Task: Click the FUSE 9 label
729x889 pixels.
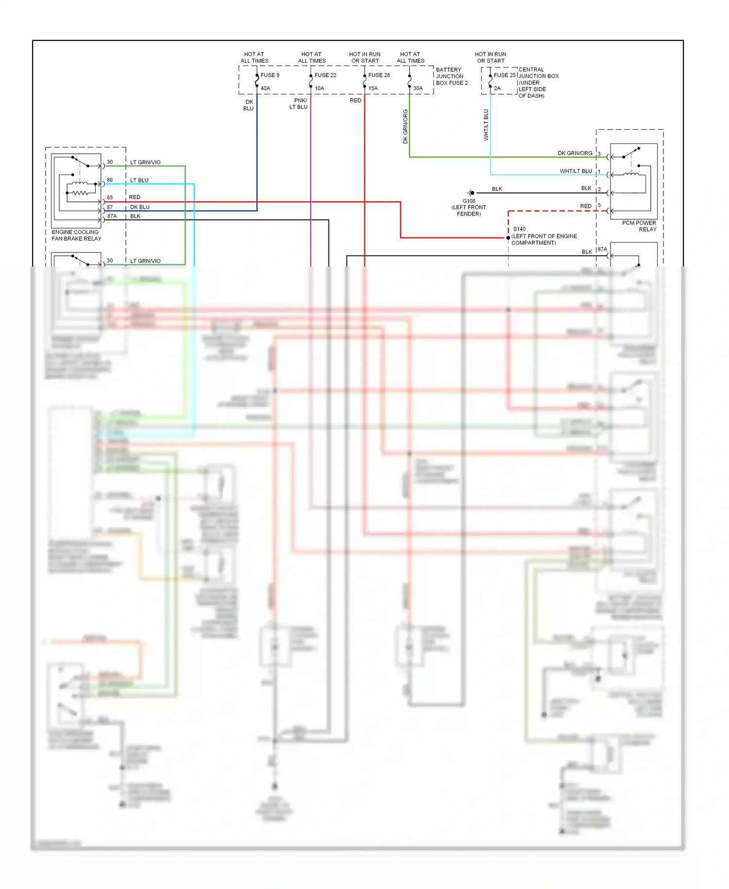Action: pyautogui.click(x=270, y=75)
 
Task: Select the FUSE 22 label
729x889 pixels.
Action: pyautogui.click(x=325, y=75)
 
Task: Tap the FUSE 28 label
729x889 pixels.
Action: pyautogui.click(x=379, y=75)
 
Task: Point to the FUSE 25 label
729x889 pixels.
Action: pyautogui.click(x=504, y=75)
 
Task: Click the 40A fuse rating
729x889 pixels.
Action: pyautogui.click(x=265, y=88)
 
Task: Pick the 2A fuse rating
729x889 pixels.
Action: pyautogui.click(x=497, y=88)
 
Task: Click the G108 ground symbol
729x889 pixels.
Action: pyautogui.click(x=470, y=193)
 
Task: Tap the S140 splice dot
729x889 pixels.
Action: pyautogui.click(x=508, y=238)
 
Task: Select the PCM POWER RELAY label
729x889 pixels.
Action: pyautogui.click(x=640, y=226)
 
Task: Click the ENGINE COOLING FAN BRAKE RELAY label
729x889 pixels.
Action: pyautogui.click(x=76, y=235)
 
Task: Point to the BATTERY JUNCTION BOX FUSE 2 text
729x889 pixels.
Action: pyautogui.click(x=451, y=76)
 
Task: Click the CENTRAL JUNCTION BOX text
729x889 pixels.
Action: pyautogui.click(x=538, y=73)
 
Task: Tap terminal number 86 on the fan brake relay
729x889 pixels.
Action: pyautogui.click(x=110, y=180)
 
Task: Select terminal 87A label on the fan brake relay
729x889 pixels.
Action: pyautogui.click(x=112, y=216)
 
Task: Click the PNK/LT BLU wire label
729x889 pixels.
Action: pyautogui.click(x=299, y=104)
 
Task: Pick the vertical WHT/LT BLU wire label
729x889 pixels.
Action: pyautogui.click(x=486, y=125)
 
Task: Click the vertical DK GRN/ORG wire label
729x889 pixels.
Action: pyautogui.click(x=405, y=126)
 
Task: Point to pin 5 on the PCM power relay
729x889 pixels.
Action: pyautogui.click(x=599, y=205)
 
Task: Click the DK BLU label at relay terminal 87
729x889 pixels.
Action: pyautogui.click(x=139, y=207)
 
